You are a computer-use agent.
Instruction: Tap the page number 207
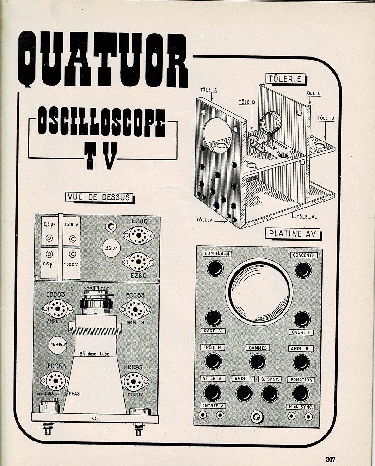(330, 459)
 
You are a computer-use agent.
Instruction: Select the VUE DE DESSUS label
(98, 197)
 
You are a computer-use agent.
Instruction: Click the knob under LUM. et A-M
(215, 268)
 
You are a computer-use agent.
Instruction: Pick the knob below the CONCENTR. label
(303, 270)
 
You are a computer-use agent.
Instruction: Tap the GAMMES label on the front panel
(258, 348)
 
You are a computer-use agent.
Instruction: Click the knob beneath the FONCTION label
(301, 393)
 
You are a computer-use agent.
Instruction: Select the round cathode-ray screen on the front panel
(259, 291)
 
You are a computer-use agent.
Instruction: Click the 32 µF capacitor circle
(110, 249)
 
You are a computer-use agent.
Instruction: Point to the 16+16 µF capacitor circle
(58, 344)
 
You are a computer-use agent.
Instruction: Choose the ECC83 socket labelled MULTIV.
(135, 381)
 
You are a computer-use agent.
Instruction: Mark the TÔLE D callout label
(326, 118)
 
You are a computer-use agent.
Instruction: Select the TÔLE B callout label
(247, 102)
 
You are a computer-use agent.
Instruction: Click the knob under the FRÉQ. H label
(213, 361)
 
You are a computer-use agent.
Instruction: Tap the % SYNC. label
(270, 380)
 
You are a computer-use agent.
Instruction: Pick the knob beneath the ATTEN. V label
(212, 393)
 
